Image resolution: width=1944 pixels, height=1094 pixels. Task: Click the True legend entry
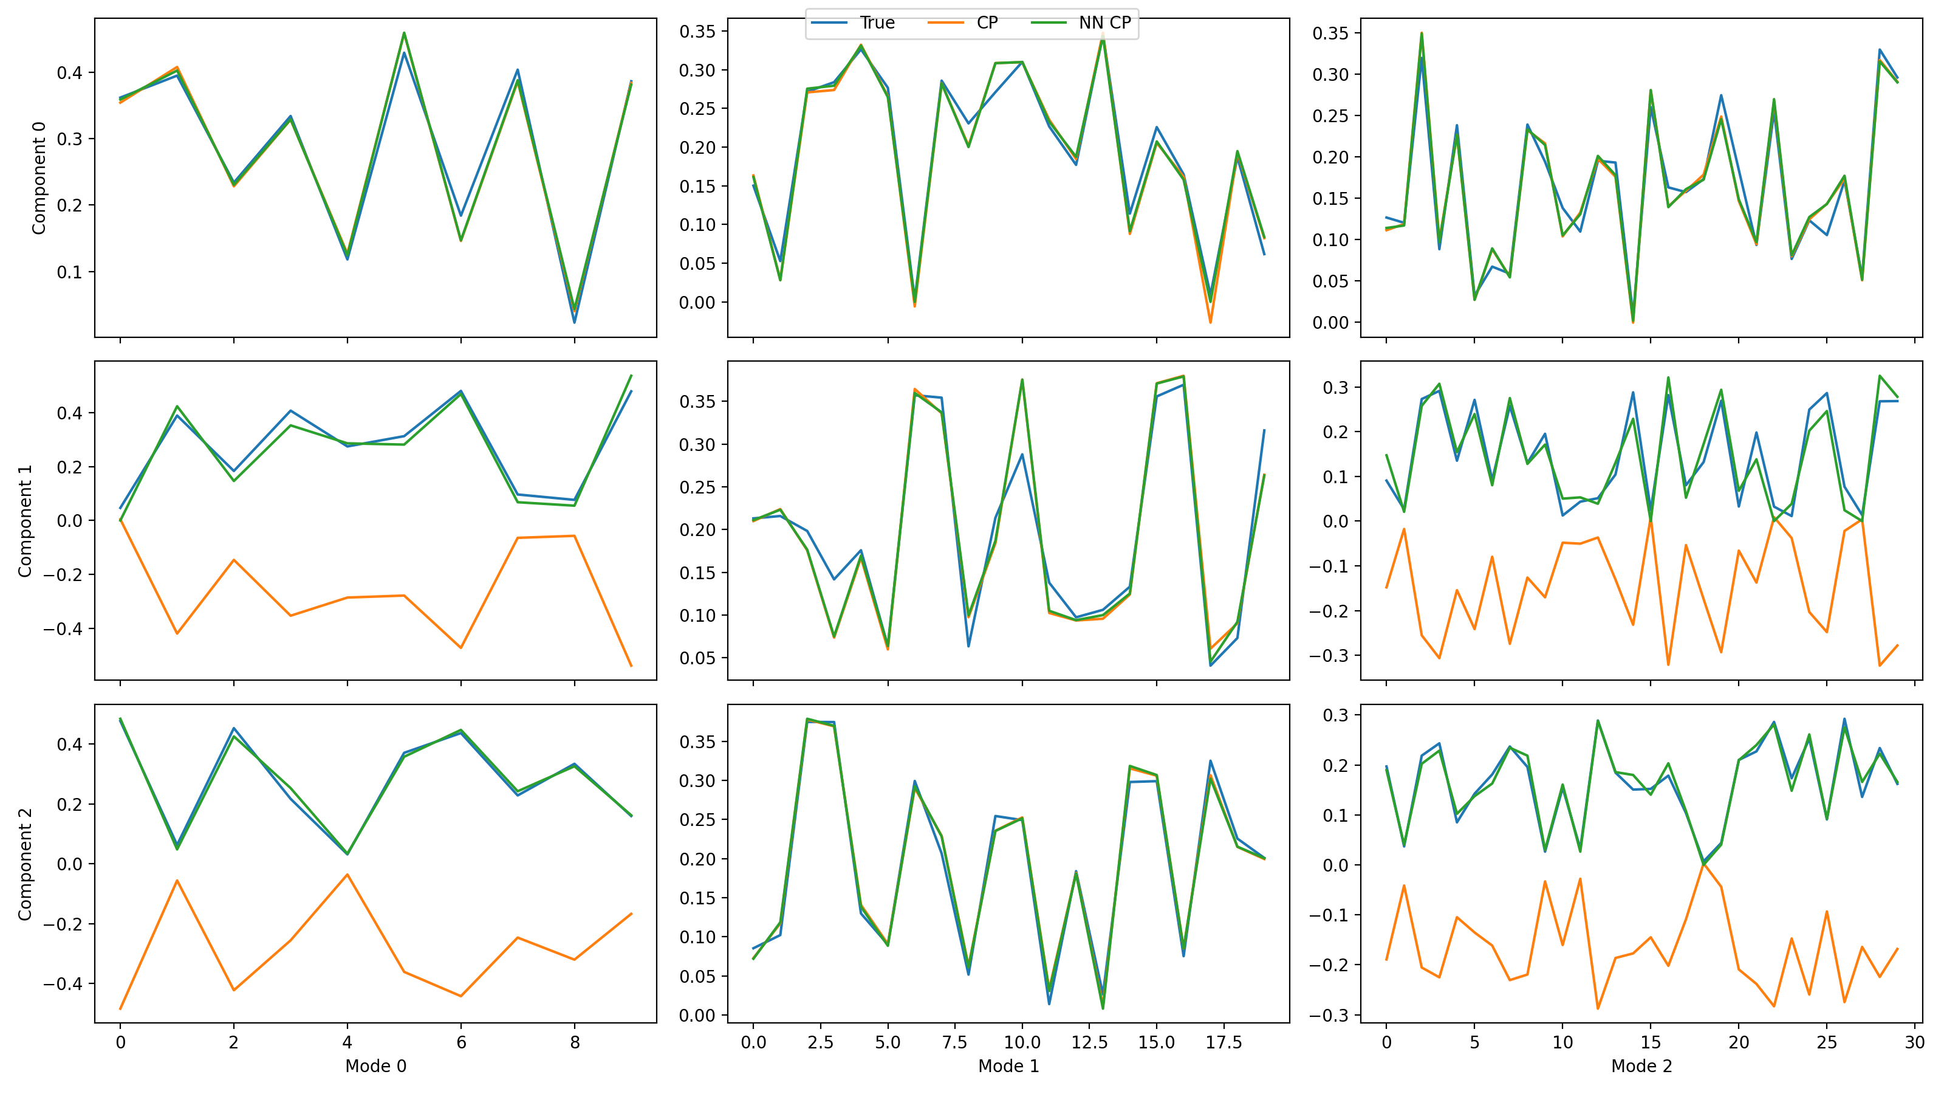[876, 22]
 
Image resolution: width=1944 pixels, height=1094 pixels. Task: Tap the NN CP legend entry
[1104, 22]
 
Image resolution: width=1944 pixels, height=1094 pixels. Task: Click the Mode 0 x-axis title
[376, 1065]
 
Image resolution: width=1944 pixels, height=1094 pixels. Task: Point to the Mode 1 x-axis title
[1008, 1065]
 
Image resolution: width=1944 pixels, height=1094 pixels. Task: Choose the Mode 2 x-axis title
[1641, 1065]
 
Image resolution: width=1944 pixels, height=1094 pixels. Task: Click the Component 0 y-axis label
[38, 177]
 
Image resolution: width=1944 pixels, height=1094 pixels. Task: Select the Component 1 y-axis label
[25, 521]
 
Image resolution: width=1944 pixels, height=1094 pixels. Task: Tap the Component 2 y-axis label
[25, 864]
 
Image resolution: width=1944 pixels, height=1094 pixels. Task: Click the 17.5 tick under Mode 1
[1224, 1043]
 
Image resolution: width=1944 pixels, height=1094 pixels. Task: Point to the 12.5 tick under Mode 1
[1089, 1043]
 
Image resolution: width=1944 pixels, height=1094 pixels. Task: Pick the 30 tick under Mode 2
[1915, 1043]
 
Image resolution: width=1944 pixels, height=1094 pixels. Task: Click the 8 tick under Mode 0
[575, 1043]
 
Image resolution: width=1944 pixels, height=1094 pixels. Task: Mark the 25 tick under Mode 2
[1826, 1043]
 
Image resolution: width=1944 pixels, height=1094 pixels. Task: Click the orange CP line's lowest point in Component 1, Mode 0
[631, 666]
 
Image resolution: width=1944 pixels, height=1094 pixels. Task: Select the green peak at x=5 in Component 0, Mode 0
[405, 32]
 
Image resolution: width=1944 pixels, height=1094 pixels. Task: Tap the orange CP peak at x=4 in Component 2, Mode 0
[347, 875]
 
